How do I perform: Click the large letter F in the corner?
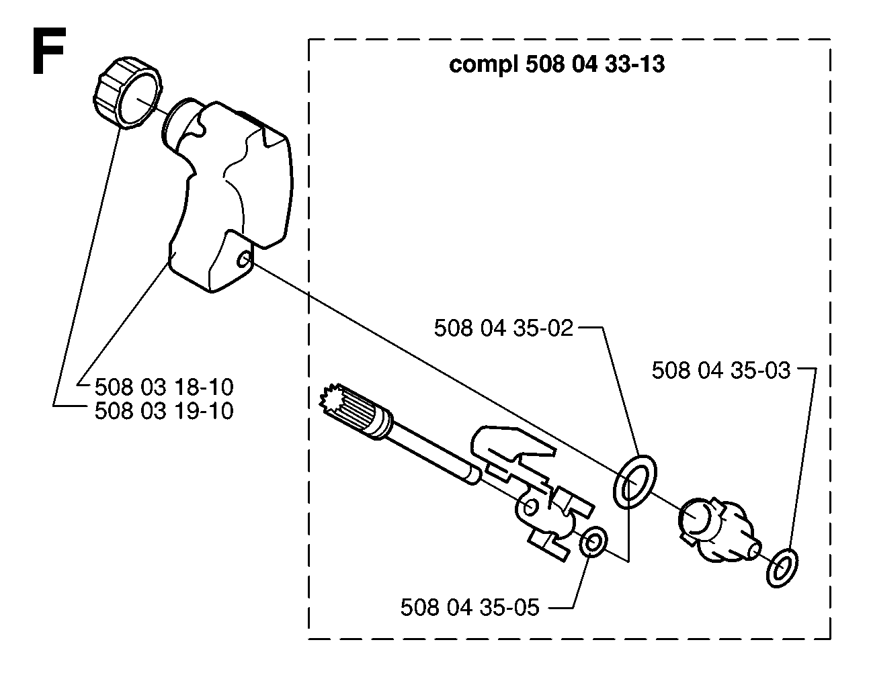[48, 51]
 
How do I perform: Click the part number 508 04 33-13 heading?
[595, 64]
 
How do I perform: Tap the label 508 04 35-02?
[503, 328]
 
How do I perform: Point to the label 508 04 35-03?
[721, 370]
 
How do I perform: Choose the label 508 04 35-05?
[470, 607]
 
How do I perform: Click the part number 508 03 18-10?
[164, 387]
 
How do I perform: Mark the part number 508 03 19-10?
[164, 411]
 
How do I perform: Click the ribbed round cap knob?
[128, 93]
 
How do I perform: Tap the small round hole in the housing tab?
[243, 261]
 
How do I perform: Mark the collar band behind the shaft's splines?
[378, 424]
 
